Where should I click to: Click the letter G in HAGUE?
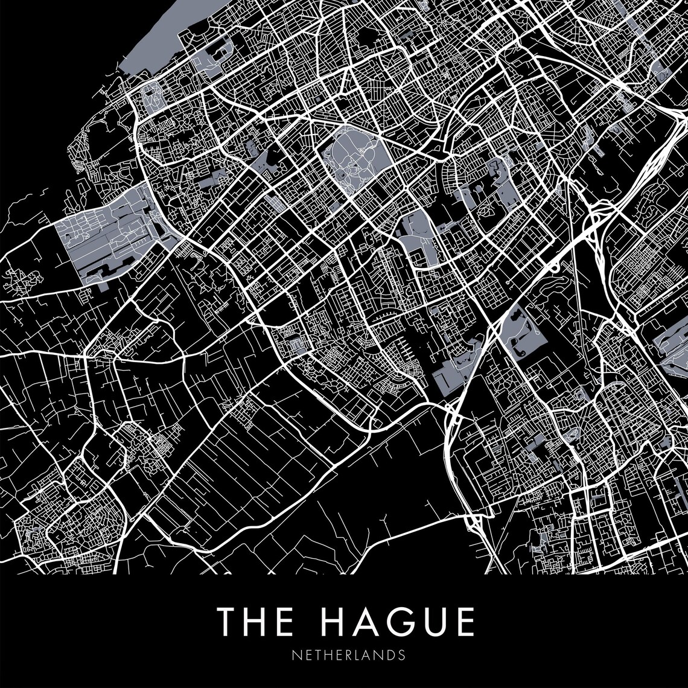click(x=399, y=621)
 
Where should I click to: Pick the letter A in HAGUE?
click(x=365, y=621)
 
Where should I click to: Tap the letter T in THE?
click(x=228, y=621)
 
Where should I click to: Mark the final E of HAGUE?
click(x=464, y=621)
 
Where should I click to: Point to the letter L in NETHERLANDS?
click(x=355, y=655)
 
